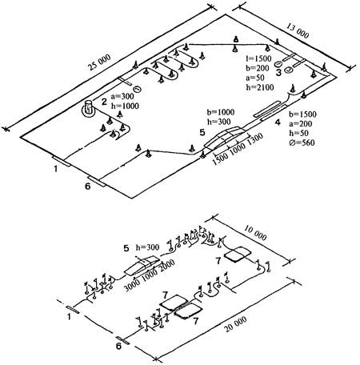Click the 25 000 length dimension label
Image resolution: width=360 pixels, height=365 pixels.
click(99, 63)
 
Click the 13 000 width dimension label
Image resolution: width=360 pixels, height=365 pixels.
click(298, 30)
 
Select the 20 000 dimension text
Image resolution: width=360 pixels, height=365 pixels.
click(235, 324)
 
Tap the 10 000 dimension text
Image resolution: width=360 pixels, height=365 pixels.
click(255, 232)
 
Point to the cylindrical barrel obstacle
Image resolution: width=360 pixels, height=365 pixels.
click(88, 107)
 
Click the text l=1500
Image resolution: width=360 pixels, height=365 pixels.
click(258, 58)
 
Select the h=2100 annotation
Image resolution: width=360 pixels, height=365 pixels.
click(260, 87)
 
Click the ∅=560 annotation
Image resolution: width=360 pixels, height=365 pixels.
click(302, 142)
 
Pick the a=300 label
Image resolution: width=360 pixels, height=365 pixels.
click(122, 96)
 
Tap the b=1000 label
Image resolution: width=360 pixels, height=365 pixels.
click(221, 112)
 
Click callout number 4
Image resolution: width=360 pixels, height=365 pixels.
click(278, 122)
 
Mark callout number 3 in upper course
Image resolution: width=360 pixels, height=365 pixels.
click(278, 73)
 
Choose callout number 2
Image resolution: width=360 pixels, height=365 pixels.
click(104, 102)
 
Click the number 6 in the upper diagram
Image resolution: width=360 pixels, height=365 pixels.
click(87, 187)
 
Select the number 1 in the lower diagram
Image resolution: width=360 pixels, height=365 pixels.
click(70, 317)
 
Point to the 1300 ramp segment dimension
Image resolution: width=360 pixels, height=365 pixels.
click(255, 138)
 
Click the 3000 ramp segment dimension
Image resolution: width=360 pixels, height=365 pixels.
click(133, 285)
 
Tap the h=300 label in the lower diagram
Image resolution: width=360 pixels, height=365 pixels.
click(147, 247)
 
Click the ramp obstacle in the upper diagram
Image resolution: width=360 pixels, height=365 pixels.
click(225, 138)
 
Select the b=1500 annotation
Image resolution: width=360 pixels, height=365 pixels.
click(303, 114)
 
